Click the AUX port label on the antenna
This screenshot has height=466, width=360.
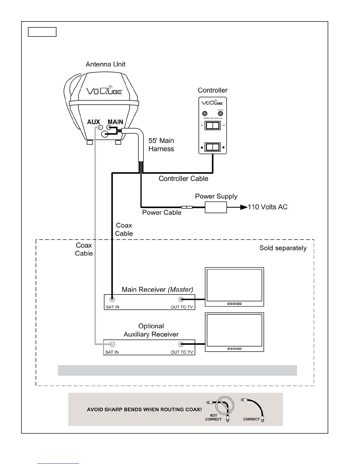[x=94, y=122]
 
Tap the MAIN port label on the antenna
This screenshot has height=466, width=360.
[x=115, y=122]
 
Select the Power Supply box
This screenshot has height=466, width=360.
[x=216, y=207]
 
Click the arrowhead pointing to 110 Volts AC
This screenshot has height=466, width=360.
[x=244, y=207]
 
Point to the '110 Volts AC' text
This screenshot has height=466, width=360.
[x=267, y=207]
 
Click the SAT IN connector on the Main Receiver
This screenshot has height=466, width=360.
[x=112, y=300]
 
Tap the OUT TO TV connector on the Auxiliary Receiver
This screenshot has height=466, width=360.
[x=181, y=344]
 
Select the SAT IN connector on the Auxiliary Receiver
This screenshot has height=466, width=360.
[x=112, y=344]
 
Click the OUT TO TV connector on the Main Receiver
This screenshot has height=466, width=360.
[x=181, y=300]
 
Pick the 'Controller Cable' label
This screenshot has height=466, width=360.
[x=183, y=179]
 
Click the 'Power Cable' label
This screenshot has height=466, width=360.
[x=161, y=212]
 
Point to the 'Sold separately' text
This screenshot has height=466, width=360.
[x=283, y=248]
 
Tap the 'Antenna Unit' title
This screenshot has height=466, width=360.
[x=106, y=64]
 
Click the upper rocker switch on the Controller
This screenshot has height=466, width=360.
[x=212, y=126]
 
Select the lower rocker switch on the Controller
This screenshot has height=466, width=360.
[x=212, y=147]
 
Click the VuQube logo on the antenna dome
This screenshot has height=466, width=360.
[x=104, y=90]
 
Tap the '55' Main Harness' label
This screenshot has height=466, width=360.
[x=161, y=145]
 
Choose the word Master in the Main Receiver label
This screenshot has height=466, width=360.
[x=180, y=289]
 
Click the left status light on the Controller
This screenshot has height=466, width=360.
[x=205, y=114]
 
